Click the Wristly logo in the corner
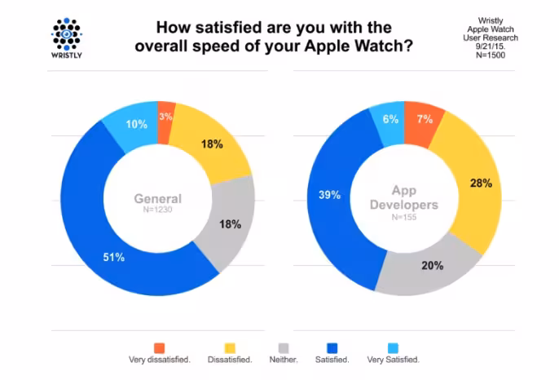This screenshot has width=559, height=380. tap(67, 38)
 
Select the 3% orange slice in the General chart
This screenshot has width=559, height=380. tap(165, 122)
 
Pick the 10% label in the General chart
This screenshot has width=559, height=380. tap(137, 124)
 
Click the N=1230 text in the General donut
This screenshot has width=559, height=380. tap(157, 210)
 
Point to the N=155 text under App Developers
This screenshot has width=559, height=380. tap(404, 217)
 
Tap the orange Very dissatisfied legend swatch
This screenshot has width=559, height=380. tap(160, 348)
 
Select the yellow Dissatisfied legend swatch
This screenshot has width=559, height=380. tap(230, 348)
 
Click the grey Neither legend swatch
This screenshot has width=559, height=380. tap(284, 348)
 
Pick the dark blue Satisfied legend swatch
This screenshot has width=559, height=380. tap(332, 348)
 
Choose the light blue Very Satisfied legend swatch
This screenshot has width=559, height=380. tap(393, 348)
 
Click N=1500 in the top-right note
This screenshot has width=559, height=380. tap(491, 55)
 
